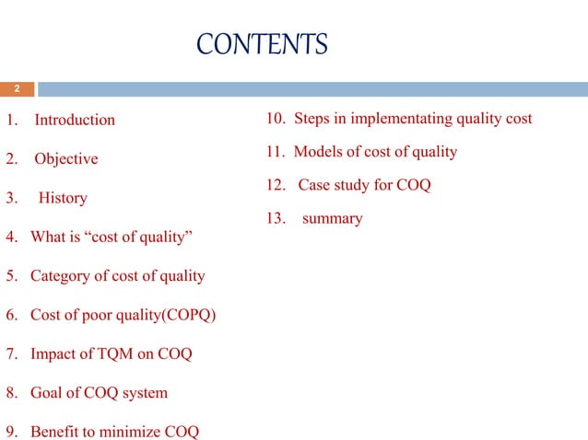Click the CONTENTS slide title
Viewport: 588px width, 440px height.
click(x=262, y=43)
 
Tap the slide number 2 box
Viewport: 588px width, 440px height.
click(x=17, y=89)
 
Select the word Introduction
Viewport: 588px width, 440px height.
click(x=75, y=120)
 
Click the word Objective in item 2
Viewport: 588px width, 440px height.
click(x=65, y=158)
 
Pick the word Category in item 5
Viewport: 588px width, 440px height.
click(x=59, y=276)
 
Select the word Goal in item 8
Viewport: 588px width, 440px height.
click(x=47, y=393)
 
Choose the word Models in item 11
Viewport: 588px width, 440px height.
click(x=319, y=152)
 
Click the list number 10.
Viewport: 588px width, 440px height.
click(x=276, y=119)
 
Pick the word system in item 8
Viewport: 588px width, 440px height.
click(x=146, y=393)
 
